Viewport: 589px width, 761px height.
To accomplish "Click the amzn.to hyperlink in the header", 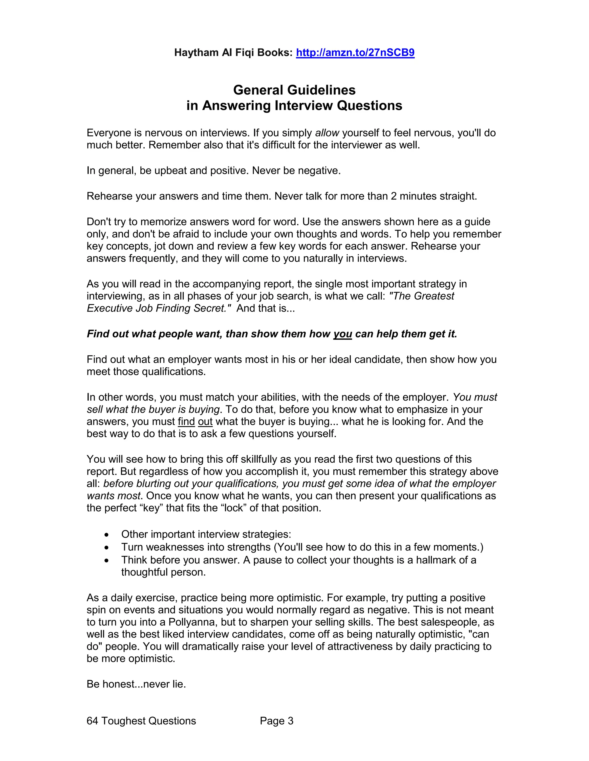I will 355,53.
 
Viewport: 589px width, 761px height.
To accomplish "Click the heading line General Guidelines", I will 294,90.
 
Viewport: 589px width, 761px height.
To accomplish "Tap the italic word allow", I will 327,133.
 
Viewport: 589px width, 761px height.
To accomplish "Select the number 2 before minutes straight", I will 394,196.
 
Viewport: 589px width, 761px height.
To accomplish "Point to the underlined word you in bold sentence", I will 342,334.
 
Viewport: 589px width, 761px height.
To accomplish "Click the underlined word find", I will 186,421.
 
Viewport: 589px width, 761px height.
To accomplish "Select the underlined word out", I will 205,421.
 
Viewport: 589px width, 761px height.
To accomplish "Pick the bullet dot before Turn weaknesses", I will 106,548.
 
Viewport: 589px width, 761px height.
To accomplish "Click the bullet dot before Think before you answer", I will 106,561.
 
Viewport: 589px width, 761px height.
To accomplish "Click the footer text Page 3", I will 276,721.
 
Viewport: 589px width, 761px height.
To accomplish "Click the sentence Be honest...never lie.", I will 136,684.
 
